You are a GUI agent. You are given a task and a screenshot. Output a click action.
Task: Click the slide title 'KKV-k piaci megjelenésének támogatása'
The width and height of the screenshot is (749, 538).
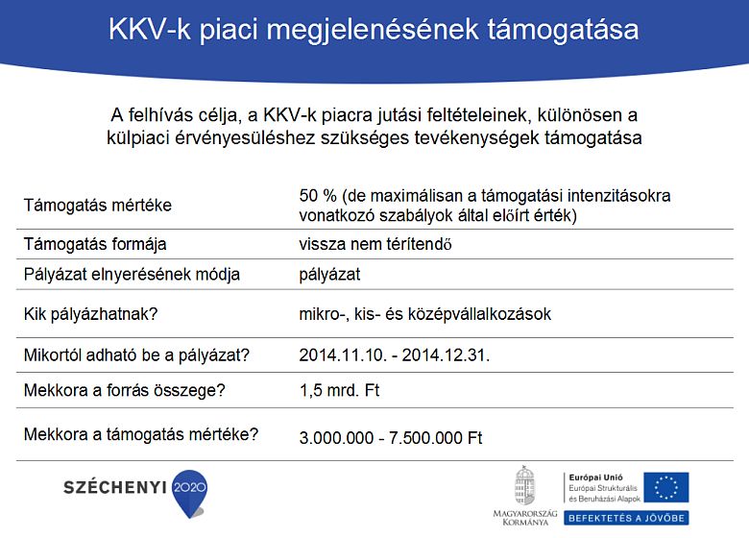[x=374, y=29]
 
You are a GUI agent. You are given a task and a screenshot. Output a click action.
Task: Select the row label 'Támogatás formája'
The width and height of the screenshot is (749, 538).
[x=94, y=244]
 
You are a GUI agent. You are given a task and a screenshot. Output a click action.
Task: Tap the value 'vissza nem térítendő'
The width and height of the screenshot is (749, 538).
[x=375, y=244]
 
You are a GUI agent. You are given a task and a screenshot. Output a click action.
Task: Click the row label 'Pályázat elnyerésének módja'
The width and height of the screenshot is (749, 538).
[x=132, y=275]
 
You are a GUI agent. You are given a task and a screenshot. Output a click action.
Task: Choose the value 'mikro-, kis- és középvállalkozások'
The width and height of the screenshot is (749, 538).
[x=425, y=314]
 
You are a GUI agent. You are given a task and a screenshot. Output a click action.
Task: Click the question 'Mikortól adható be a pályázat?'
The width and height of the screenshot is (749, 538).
[x=136, y=355]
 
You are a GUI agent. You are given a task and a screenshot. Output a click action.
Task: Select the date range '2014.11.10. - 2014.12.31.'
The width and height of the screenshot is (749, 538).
[x=395, y=355]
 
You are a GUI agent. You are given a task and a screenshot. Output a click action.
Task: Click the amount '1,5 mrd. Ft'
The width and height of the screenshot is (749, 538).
[x=340, y=391]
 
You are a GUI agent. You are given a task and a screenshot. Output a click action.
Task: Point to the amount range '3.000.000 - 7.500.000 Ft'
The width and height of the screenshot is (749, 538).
[x=391, y=437]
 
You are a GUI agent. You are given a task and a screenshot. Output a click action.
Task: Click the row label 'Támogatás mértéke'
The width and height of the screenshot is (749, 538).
[x=97, y=205]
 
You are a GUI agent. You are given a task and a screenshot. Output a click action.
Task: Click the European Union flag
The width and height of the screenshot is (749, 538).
[x=665, y=487]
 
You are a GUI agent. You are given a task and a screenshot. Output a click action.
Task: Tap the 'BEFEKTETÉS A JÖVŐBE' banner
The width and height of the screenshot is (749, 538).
[x=626, y=518]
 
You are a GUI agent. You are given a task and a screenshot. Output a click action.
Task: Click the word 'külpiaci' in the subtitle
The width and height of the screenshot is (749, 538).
[x=136, y=137]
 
